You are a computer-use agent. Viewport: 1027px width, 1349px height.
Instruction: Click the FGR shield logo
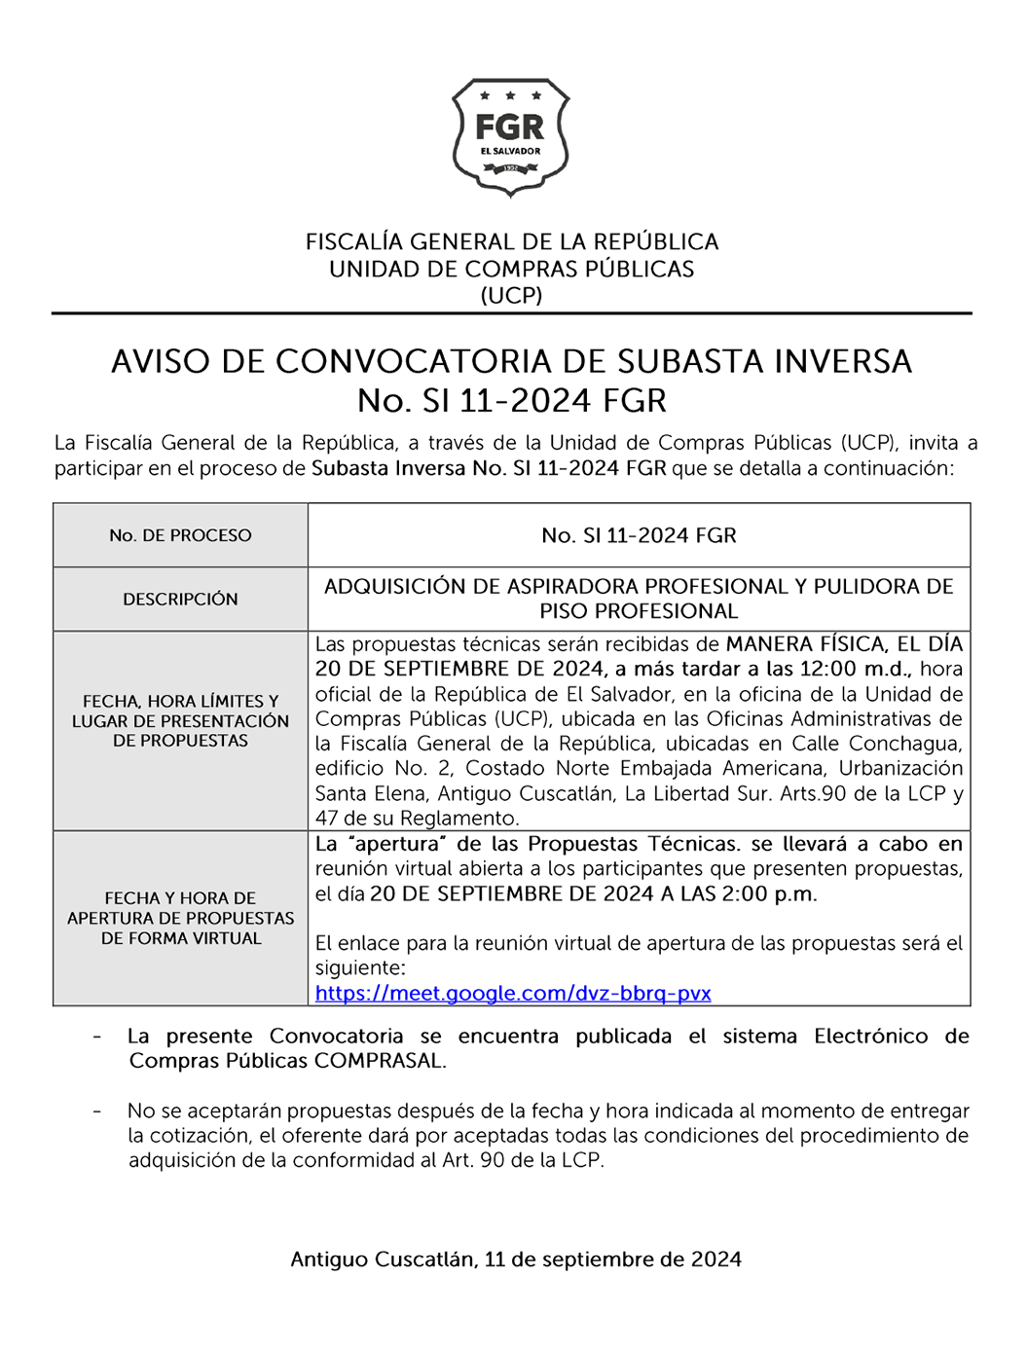[510, 137]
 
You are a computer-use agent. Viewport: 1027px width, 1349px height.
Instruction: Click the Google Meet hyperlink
[513, 994]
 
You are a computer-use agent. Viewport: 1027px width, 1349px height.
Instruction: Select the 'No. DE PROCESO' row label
[180, 535]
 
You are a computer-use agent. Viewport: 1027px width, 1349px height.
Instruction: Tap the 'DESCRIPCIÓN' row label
[180, 600]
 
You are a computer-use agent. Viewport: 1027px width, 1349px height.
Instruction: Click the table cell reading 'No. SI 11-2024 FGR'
[639, 535]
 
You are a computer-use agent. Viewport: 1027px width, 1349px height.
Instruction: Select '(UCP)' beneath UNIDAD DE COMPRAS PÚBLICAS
[511, 296]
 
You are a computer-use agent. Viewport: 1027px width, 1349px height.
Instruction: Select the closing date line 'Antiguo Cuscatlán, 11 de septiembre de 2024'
[516, 1259]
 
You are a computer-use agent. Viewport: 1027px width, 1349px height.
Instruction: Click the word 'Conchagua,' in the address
[905, 744]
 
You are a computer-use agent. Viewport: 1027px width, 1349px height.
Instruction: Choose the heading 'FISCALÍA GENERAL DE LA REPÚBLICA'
[512, 241]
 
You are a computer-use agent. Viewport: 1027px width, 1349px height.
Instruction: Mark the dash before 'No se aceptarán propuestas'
[96, 1111]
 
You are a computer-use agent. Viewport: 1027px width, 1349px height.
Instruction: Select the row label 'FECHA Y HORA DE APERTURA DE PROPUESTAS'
[180, 918]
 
